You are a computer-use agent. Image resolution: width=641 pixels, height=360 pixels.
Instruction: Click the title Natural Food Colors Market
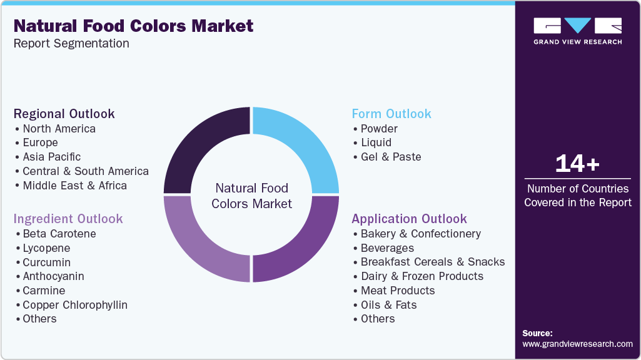tap(133, 26)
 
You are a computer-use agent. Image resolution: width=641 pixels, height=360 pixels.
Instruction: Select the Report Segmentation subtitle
tap(71, 44)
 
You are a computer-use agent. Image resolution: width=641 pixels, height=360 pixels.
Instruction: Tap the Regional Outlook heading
tap(64, 114)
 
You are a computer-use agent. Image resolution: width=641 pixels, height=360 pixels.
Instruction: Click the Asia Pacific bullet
tap(52, 157)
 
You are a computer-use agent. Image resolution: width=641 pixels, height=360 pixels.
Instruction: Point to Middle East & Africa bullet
tap(74, 186)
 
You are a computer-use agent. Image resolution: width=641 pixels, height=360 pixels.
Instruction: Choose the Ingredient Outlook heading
tap(68, 219)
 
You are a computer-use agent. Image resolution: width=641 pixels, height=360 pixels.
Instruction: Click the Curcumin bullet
tap(47, 262)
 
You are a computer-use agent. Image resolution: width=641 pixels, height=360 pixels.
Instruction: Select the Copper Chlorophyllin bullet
tap(75, 305)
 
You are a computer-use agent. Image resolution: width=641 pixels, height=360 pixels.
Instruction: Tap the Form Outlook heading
tap(391, 114)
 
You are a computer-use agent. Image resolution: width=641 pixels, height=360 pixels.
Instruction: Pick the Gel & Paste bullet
tap(391, 157)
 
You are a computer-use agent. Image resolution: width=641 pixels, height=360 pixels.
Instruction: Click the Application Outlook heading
tap(409, 219)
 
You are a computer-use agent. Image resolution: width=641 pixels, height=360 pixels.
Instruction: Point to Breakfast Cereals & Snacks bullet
tap(433, 262)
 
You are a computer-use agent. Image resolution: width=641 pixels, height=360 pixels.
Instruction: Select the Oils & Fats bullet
tap(388, 305)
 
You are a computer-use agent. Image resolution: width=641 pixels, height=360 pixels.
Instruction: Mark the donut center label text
tap(251, 196)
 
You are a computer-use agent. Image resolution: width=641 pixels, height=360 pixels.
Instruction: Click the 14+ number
tap(577, 164)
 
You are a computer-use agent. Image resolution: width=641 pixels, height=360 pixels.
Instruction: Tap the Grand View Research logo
tap(577, 31)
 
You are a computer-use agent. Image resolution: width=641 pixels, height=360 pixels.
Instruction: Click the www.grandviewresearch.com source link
tap(577, 344)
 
